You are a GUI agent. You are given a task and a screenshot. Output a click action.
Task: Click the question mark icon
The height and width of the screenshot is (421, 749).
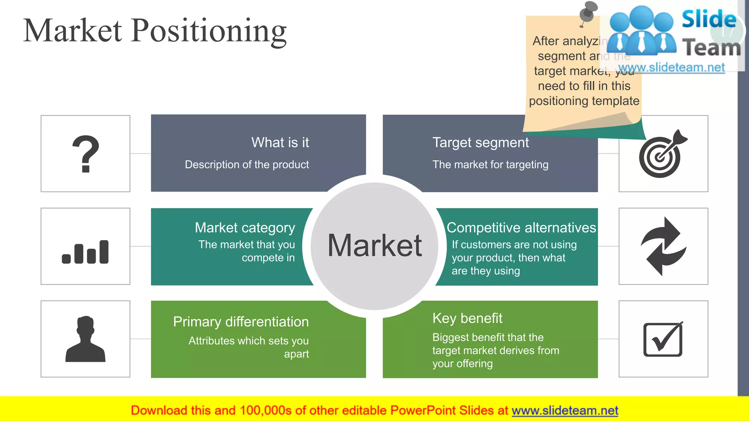coord(86,154)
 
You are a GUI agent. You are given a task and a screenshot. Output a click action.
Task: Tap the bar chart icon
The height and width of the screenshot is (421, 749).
coord(86,252)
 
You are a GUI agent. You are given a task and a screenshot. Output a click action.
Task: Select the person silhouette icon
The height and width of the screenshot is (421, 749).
coord(86,339)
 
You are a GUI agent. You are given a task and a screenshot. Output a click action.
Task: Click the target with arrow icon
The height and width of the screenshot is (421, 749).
coord(662,154)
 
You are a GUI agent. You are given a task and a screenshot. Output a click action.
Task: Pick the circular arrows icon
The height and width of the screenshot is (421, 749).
coord(663,246)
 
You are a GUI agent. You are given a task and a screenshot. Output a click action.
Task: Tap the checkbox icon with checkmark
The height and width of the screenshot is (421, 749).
coord(663,339)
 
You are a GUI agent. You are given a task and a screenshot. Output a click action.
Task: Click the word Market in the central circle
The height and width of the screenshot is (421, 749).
coord(374,246)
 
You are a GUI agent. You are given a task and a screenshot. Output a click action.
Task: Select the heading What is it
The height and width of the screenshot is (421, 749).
coord(280,143)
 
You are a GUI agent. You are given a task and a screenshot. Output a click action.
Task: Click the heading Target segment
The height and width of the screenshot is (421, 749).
coord(480,143)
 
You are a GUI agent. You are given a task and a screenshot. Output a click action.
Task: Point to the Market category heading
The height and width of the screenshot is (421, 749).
coord(245,228)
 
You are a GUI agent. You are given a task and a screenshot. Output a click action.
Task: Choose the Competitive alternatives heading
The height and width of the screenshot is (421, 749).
coord(521,228)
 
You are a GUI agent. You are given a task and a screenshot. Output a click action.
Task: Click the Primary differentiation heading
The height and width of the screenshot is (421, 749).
coord(241,322)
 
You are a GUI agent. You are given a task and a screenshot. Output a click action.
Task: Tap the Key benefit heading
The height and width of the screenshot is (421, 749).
coord(467,318)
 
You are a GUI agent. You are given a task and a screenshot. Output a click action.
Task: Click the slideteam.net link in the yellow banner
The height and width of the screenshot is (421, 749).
coord(565,410)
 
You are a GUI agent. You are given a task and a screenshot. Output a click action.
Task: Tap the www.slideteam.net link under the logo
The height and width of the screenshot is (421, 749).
coord(671,68)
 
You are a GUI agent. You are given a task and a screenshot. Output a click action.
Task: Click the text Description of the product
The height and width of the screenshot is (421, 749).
coord(246,164)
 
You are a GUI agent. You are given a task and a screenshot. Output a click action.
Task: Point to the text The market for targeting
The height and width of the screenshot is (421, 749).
coord(490,164)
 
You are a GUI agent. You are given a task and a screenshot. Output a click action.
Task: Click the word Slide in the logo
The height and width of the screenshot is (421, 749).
coord(709,19)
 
